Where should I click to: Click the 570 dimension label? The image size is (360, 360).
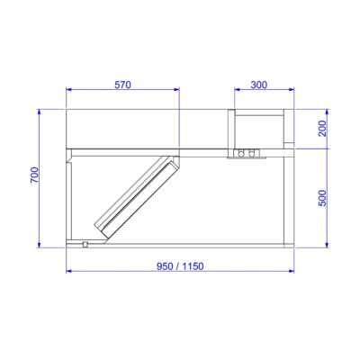(x=123, y=85)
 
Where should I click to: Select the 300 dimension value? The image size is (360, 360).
(x=258, y=85)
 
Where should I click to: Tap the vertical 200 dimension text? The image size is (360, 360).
(x=322, y=129)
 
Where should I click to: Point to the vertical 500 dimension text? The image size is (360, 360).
(x=322, y=198)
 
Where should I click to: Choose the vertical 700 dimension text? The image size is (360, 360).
(x=34, y=175)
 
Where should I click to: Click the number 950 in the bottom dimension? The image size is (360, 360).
(x=165, y=266)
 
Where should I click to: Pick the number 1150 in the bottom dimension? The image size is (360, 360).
(x=193, y=266)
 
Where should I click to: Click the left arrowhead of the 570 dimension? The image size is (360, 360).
(x=68, y=89)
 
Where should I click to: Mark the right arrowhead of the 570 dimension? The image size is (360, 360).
(x=176, y=89)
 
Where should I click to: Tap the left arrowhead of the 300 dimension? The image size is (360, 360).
(x=237, y=89)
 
